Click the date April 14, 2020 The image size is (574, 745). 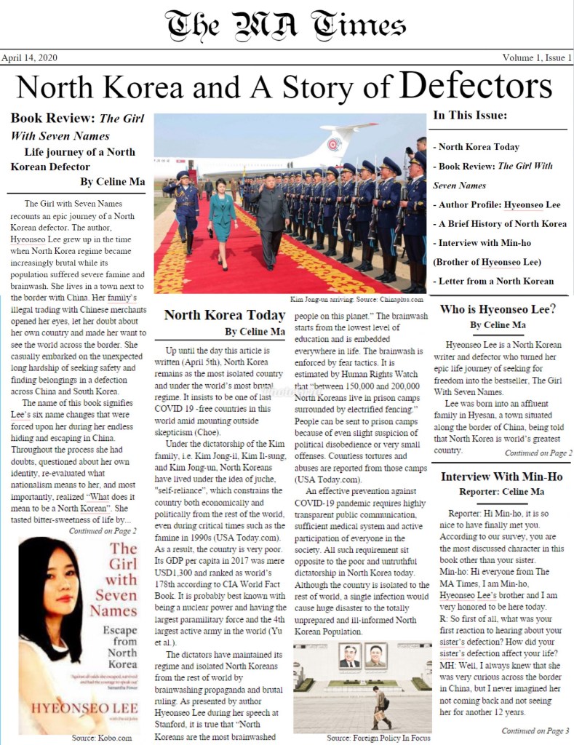click(29, 57)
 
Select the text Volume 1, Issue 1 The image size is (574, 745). click(537, 57)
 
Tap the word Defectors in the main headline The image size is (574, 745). click(476, 87)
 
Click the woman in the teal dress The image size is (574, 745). click(221, 218)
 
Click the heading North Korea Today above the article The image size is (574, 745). click(224, 315)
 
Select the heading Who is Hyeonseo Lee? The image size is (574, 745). click(498, 309)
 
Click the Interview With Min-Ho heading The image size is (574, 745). click(501, 477)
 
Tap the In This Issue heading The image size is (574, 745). click(470, 115)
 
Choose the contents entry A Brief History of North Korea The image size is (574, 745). click(500, 223)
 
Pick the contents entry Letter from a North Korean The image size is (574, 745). click(493, 281)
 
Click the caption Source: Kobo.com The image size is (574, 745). click(98, 738)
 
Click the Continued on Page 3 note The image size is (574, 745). click(535, 730)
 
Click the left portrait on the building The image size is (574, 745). click(348, 655)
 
